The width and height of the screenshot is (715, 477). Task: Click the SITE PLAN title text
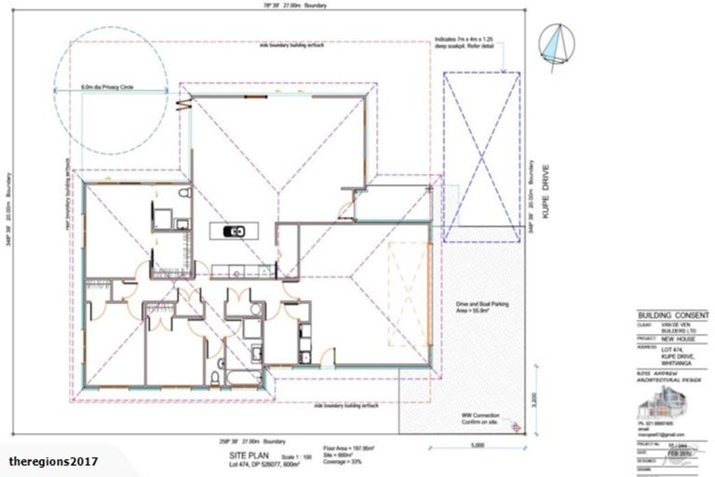253,448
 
